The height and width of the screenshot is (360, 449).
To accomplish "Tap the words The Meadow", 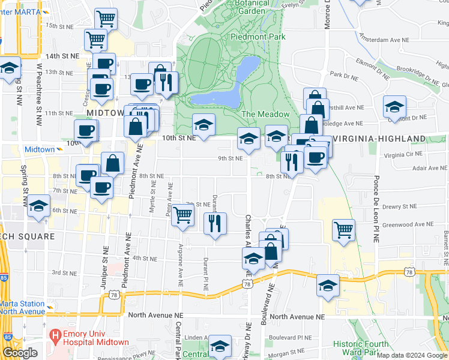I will pos(265,114).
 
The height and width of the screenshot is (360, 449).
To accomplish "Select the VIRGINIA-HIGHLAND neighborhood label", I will pos(379,139).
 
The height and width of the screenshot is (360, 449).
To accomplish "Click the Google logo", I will pos(20,353).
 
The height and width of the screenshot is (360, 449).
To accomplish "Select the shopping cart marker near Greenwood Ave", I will pos(343,230).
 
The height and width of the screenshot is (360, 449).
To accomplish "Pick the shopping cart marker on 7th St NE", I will pos(182,214).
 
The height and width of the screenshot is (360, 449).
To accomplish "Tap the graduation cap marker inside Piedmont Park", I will pos(203,125).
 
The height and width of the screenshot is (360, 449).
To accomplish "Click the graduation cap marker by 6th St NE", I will pos(38,206).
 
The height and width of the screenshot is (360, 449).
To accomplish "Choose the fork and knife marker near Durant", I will pos(215,223).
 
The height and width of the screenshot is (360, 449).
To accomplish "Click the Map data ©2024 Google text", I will pos(411,355).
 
